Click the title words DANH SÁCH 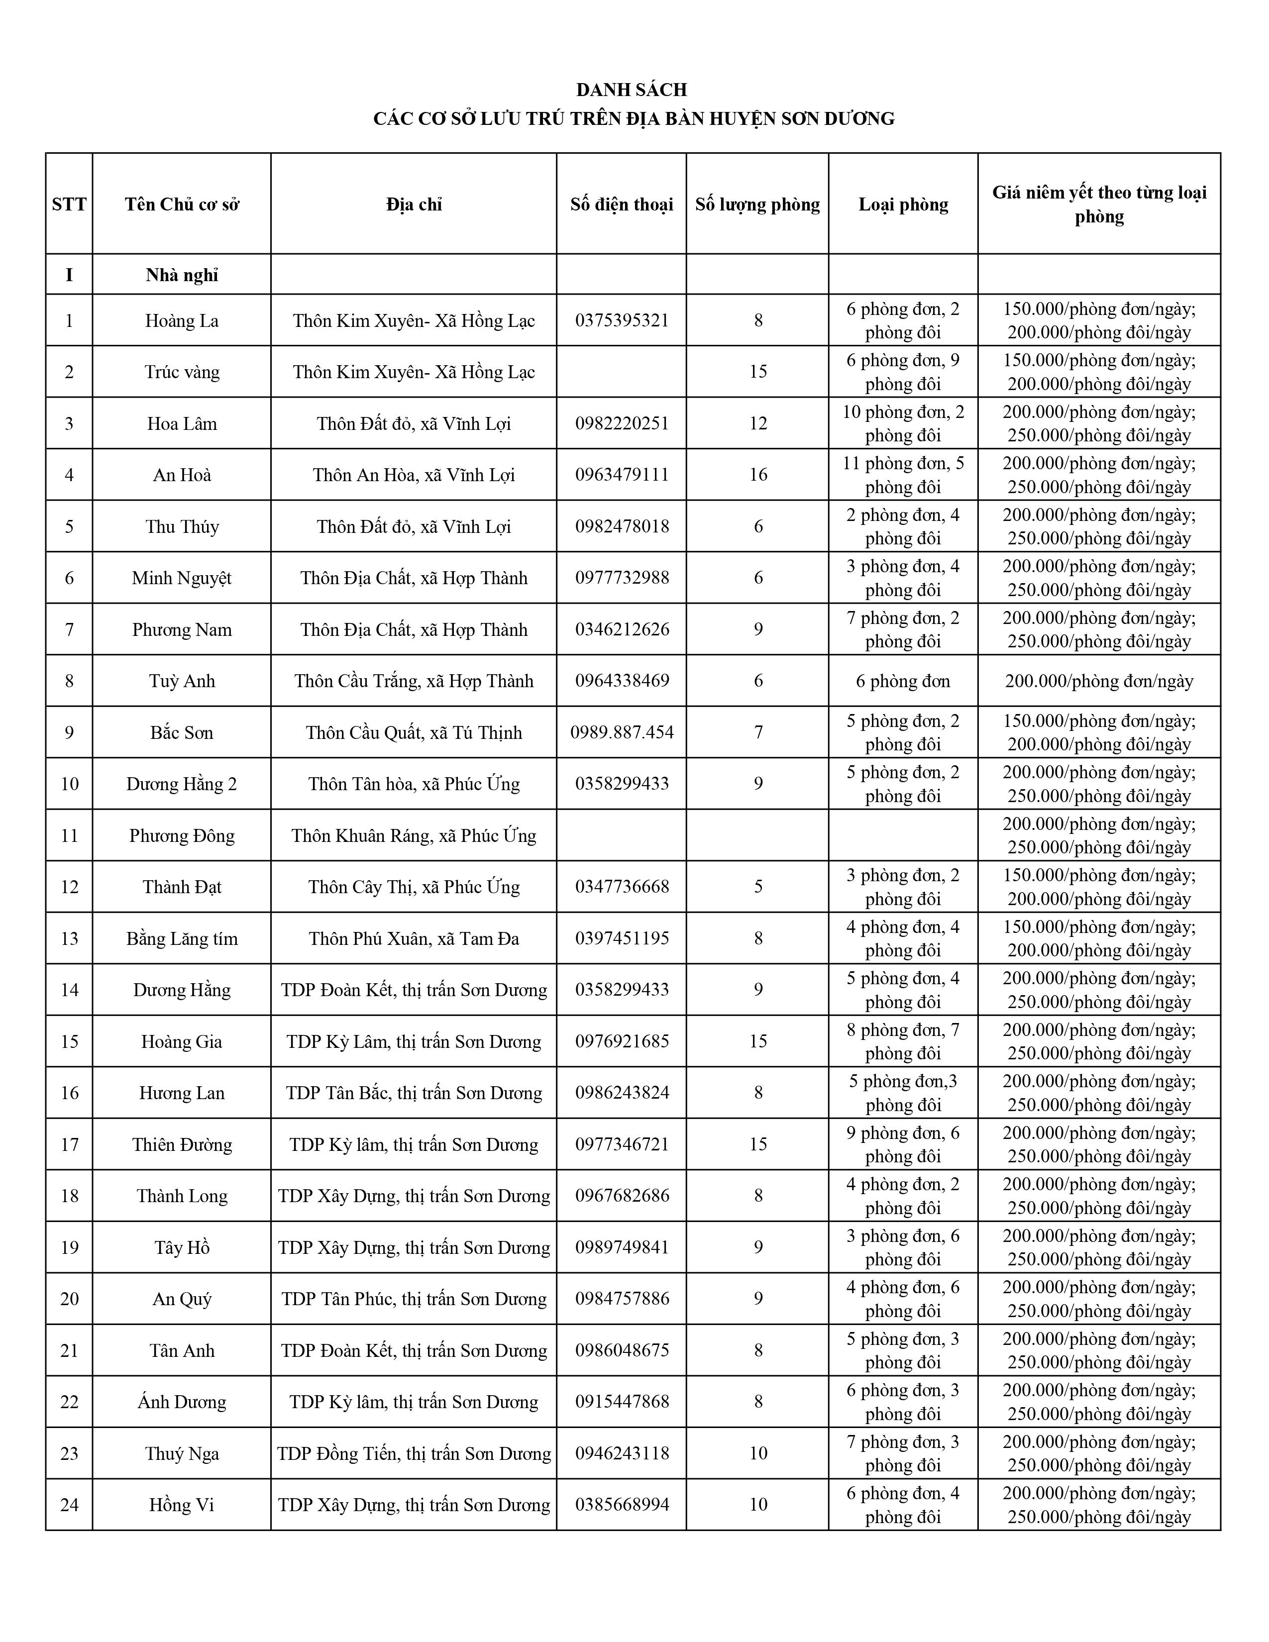click(x=632, y=90)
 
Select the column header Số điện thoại click(x=622, y=205)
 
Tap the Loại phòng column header click(x=903, y=205)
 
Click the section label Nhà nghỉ click(x=182, y=275)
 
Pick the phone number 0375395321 click(x=622, y=320)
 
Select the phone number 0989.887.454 click(x=622, y=732)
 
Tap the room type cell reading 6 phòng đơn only click(x=903, y=681)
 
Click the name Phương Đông click(x=182, y=835)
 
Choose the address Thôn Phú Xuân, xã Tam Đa click(x=414, y=938)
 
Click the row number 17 click(x=69, y=1144)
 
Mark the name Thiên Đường click(x=182, y=1144)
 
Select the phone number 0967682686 click(x=622, y=1195)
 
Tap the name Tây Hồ click(x=182, y=1247)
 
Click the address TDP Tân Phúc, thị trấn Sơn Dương click(x=414, y=1298)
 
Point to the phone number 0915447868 click(x=622, y=1401)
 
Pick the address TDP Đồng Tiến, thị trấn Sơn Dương click(x=414, y=1453)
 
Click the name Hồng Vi click(x=182, y=1504)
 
